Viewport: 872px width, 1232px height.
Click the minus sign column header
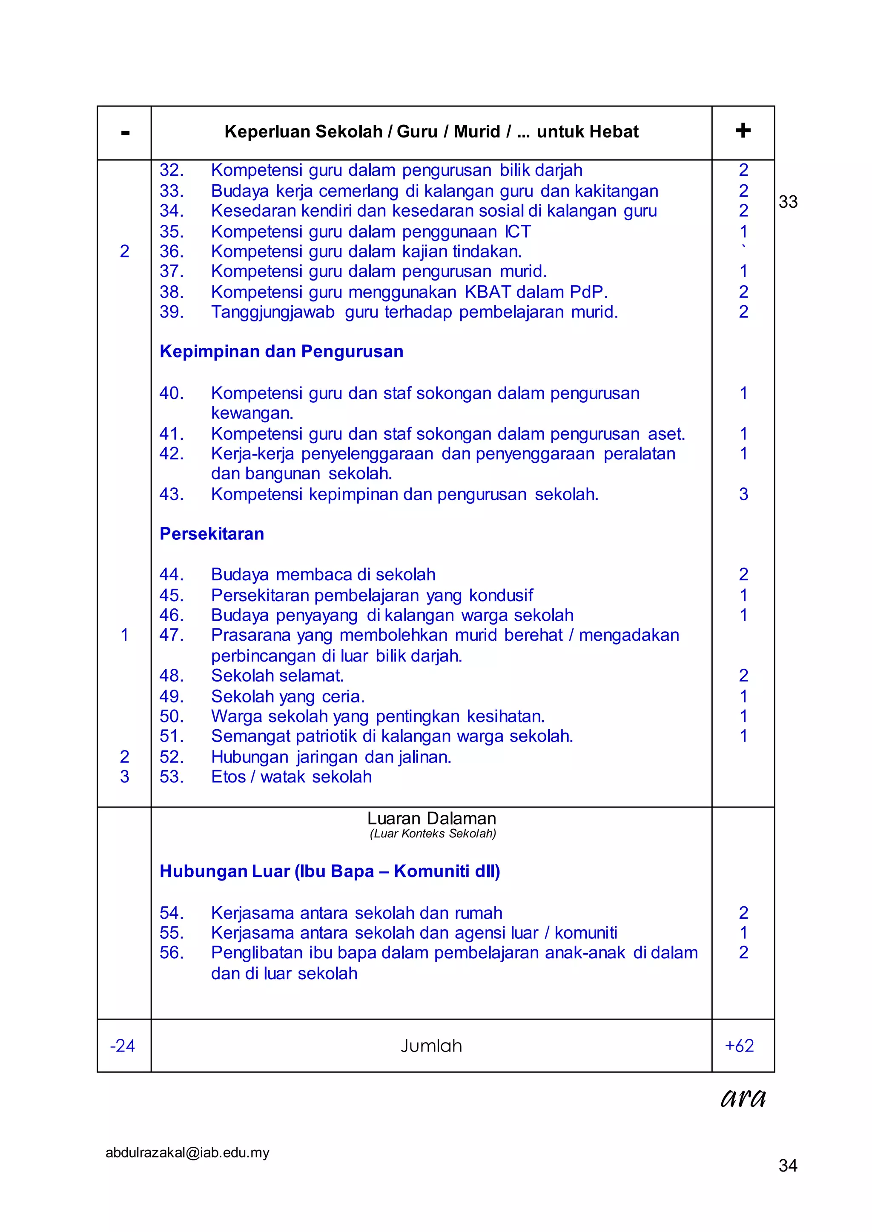(x=125, y=132)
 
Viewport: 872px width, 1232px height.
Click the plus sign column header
(x=743, y=130)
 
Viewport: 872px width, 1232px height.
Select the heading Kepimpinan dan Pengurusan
(x=281, y=352)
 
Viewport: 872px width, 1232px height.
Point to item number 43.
(x=171, y=494)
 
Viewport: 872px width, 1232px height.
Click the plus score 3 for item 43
(x=743, y=494)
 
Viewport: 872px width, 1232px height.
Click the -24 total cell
(x=123, y=1045)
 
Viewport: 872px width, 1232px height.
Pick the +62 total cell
(x=740, y=1045)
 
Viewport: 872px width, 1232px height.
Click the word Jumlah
(x=431, y=1045)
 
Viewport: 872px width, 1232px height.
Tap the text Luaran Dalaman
(x=431, y=818)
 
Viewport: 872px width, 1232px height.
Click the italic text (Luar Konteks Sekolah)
(x=433, y=834)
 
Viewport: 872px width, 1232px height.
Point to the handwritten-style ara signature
(x=743, y=1098)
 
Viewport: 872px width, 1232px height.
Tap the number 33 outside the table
(x=788, y=202)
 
